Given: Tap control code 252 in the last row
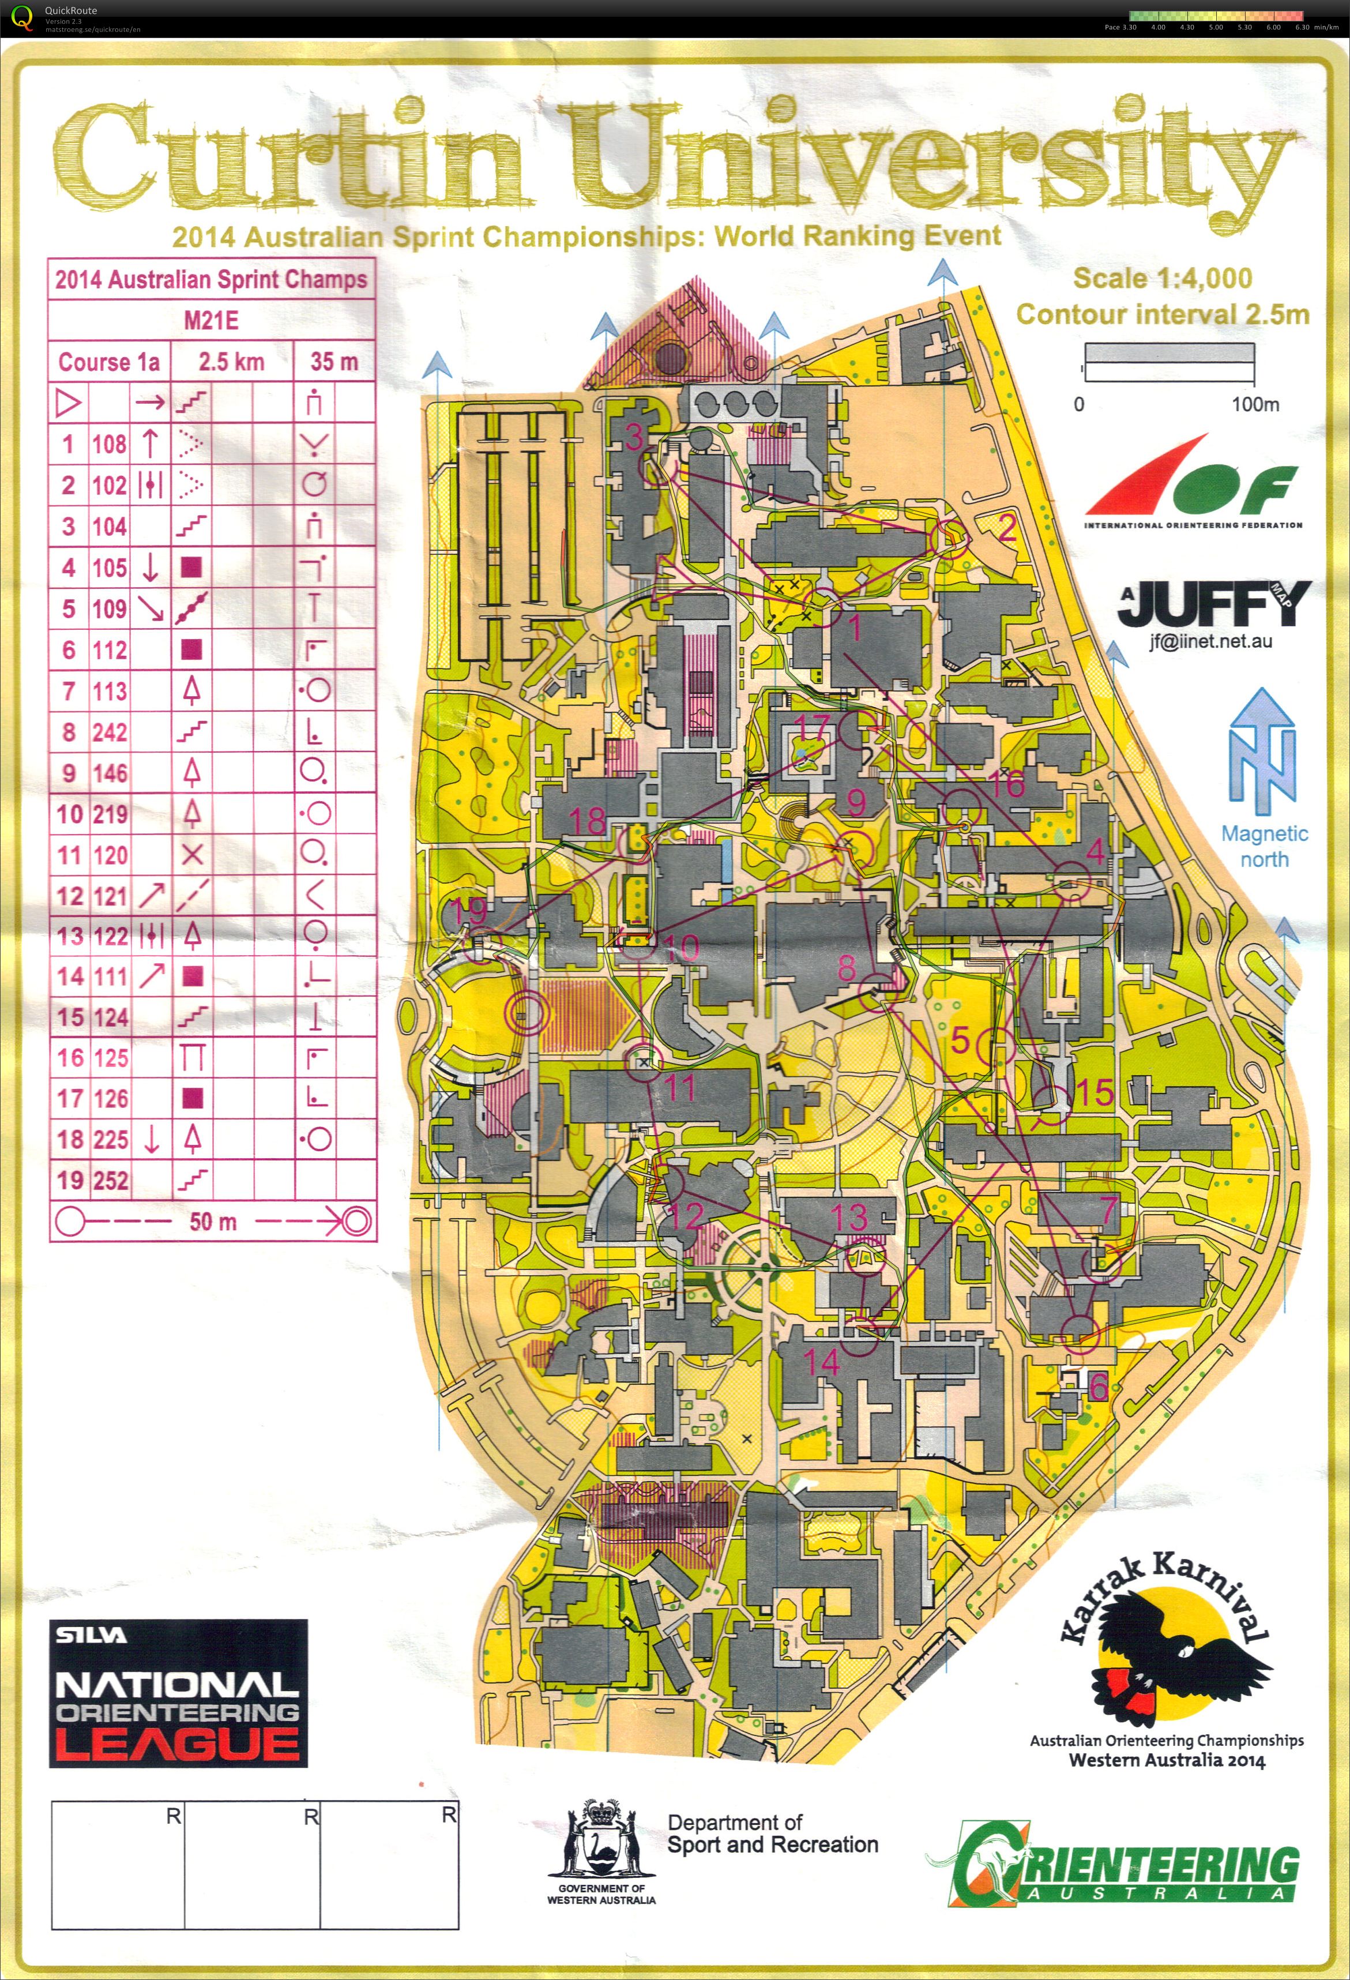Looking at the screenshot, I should (x=111, y=1180).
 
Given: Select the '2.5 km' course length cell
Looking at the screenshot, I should (x=232, y=362).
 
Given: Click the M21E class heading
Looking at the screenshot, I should (x=211, y=320).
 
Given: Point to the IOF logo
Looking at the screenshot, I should (x=1193, y=482).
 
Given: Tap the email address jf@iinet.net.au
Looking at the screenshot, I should (x=1210, y=641).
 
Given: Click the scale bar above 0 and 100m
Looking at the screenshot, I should (x=1168, y=362).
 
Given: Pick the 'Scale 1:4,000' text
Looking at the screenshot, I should (x=1162, y=279).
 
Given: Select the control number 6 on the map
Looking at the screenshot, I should (x=1099, y=1386).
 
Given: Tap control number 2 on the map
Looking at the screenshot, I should (x=1007, y=528).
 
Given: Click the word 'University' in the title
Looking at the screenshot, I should (x=928, y=157).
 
